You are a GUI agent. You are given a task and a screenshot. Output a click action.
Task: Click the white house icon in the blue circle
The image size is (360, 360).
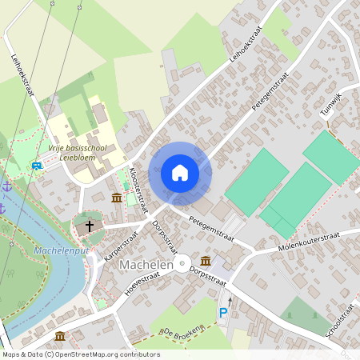pyautogui.click(x=180, y=173)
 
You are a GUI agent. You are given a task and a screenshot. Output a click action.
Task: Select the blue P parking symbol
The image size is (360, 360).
pyautogui.click(x=223, y=313)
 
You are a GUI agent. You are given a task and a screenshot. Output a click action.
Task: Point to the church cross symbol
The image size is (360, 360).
pyautogui.click(x=90, y=226)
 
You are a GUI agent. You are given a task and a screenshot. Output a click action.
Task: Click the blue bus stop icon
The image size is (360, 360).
pyautogui.click(x=37, y=166)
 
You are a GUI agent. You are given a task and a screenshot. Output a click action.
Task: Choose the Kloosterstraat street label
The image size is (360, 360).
pyautogui.click(x=138, y=189)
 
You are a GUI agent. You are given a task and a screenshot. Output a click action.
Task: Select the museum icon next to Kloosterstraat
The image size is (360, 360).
pyautogui.click(x=117, y=198)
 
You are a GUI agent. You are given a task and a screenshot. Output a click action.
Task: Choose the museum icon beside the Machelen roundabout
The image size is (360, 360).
pyautogui.click(x=206, y=261)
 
